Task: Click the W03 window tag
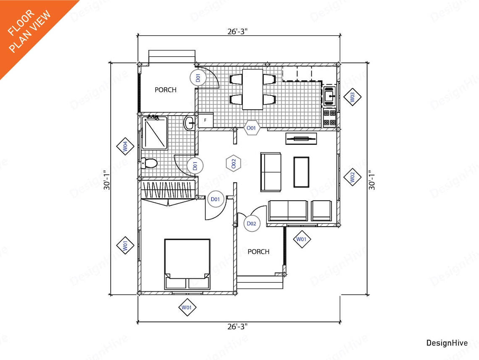tap(352, 97)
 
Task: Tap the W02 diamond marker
tap(352, 177)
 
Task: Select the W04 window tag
tap(125, 147)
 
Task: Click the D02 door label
tap(251, 223)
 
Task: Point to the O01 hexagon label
tap(251, 127)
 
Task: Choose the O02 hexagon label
tap(233, 163)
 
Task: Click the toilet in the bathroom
tap(149, 163)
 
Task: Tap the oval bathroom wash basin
tap(189, 123)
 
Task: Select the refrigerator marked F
tap(205, 120)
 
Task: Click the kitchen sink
tap(329, 96)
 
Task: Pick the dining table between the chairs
tap(253, 89)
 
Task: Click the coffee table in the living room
tap(301, 172)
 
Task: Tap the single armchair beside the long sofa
tap(321, 210)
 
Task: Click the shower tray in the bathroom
tap(155, 132)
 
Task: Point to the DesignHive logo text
tap(447, 343)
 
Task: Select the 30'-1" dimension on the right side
tap(372, 180)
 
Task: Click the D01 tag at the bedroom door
tap(216, 199)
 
